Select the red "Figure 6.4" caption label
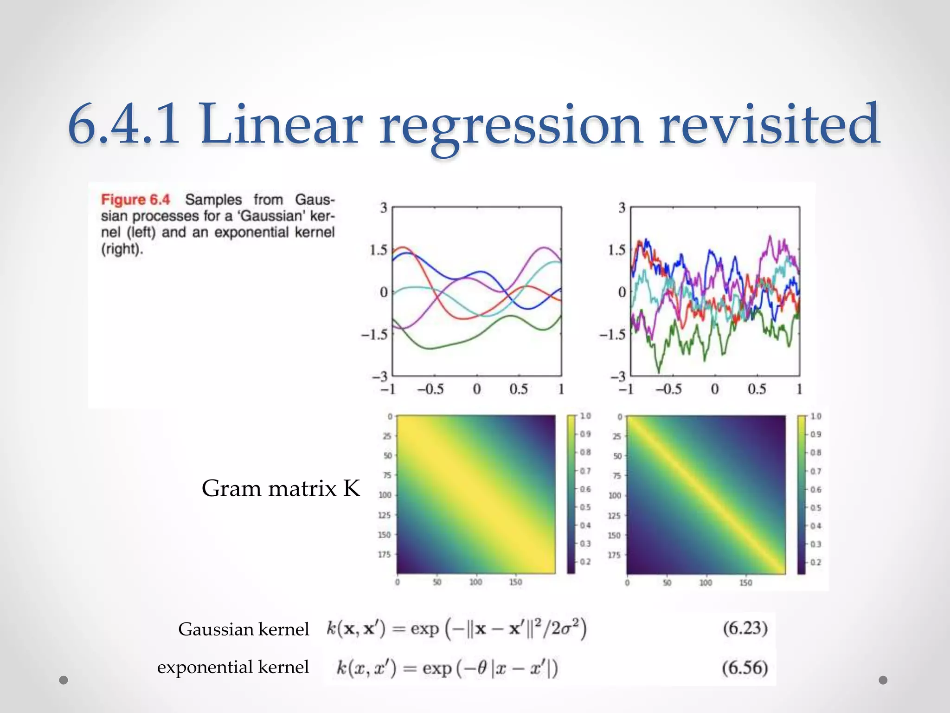tap(135, 200)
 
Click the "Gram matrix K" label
tap(281, 488)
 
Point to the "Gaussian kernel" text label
tap(244, 629)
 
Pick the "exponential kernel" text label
tap(233, 667)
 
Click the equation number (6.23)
tap(745, 629)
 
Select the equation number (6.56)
tap(745, 668)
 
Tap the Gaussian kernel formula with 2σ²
tap(457, 629)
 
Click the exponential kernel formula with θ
tap(447, 668)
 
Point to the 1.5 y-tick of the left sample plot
tap(379, 250)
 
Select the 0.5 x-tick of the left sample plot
tap(519, 389)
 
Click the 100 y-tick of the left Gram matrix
tap(385, 495)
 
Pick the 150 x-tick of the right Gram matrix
tap(745, 583)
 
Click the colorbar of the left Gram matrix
tap(571, 494)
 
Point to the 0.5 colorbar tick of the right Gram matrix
tap(815, 508)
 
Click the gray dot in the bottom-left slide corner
tap(64, 680)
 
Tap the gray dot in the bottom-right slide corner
tap(883, 680)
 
